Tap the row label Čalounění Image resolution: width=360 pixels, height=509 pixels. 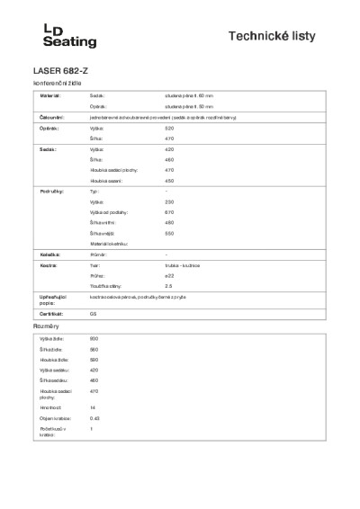51,117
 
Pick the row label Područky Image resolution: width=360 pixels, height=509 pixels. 50,192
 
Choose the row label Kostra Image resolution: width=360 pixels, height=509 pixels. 49,266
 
